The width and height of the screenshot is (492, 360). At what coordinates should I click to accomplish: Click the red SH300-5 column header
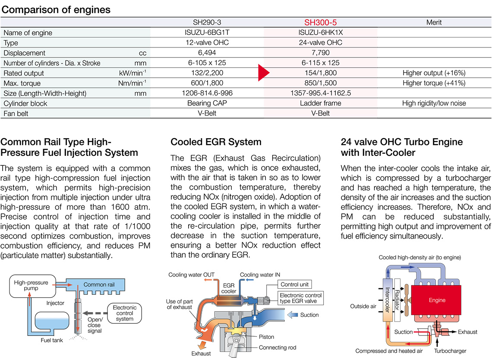pyautogui.click(x=320, y=22)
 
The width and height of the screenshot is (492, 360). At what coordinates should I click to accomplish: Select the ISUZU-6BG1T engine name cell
pyautogui.click(x=208, y=33)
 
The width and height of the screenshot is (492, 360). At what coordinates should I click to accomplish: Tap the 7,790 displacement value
pyautogui.click(x=320, y=53)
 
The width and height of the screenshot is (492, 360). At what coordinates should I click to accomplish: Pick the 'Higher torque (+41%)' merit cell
pyautogui.click(x=434, y=83)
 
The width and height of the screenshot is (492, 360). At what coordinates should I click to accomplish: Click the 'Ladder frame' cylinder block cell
pyautogui.click(x=320, y=103)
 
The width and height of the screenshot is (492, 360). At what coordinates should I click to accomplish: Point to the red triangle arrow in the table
pyautogui.click(x=263, y=73)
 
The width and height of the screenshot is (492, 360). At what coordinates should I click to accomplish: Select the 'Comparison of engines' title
pyautogui.click(x=56, y=9)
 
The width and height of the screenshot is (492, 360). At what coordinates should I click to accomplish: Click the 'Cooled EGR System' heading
pyautogui.click(x=216, y=142)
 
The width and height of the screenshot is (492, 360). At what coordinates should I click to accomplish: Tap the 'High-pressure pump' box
pyautogui.click(x=31, y=286)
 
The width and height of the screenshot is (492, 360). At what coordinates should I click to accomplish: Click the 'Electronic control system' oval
pyautogui.click(x=125, y=313)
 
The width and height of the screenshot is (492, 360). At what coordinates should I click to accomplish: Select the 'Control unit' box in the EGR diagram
pyautogui.click(x=296, y=284)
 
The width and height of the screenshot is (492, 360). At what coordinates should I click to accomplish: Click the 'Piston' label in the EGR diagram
pyautogui.click(x=266, y=337)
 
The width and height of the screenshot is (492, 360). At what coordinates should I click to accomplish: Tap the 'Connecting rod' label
pyautogui.click(x=278, y=347)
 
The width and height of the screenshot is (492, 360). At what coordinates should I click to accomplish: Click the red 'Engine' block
pyautogui.click(x=437, y=300)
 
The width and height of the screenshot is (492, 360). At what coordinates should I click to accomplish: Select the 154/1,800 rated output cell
pyautogui.click(x=320, y=73)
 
